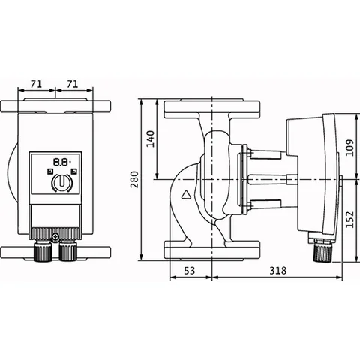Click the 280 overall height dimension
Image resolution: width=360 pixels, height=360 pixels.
point(135,180)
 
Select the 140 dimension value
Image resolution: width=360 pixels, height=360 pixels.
point(150,139)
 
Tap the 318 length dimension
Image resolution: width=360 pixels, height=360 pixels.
point(277,270)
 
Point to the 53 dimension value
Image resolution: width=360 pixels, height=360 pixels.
point(189,270)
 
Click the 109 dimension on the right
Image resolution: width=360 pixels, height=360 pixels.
point(350,148)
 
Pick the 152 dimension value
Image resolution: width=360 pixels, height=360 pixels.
point(350,220)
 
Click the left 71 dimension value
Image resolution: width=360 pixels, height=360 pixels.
point(36,84)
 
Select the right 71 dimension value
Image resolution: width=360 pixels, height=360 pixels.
point(73,84)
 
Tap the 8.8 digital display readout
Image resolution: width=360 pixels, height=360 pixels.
point(61,163)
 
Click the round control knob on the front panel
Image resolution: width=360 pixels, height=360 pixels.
point(62,181)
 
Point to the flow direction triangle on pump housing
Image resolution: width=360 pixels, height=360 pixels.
point(186,195)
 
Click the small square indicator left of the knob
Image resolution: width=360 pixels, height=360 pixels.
point(50,172)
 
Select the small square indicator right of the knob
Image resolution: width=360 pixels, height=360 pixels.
point(73,172)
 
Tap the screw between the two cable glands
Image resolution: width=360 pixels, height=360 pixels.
point(55,237)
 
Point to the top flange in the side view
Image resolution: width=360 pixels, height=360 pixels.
point(212,109)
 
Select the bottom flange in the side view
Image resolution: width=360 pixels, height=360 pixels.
point(212,250)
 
